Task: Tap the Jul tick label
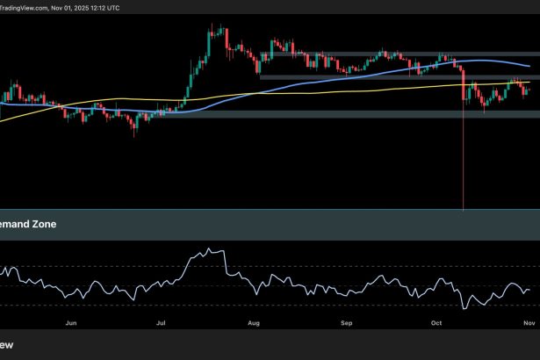[x=162, y=323]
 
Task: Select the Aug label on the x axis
[x=255, y=323]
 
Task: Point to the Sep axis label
[x=346, y=323]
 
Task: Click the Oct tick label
[x=436, y=323]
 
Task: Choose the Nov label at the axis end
[x=529, y=323]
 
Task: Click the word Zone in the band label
[x=42, y=225]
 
